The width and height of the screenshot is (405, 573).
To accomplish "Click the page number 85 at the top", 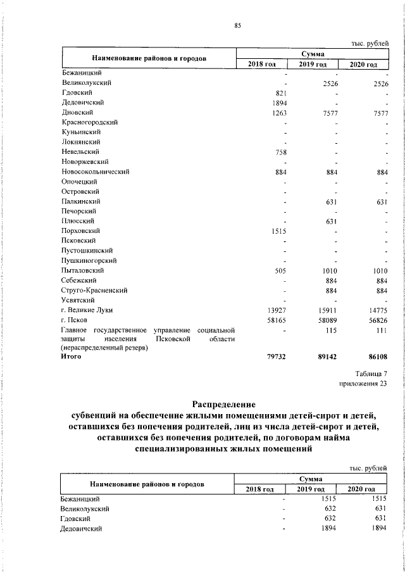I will coord(237,26).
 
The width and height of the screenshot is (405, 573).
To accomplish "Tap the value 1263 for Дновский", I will coord(279,112).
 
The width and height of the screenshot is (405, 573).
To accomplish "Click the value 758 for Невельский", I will coord(281,151).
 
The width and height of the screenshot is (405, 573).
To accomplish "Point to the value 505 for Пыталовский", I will coord(281,270).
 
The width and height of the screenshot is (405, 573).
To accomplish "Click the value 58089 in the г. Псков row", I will coord(327,320).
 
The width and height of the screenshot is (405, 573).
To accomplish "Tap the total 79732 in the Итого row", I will coord(276,357).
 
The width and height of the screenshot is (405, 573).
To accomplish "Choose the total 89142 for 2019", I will coord(327,357).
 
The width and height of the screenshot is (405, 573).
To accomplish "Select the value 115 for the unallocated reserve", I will coord(331,329).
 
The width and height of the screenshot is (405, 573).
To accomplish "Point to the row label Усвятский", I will coord(78,299).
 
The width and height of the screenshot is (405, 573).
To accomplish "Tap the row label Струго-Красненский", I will coord(94,290).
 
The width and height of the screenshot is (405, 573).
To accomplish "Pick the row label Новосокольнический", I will coord(95,171).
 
